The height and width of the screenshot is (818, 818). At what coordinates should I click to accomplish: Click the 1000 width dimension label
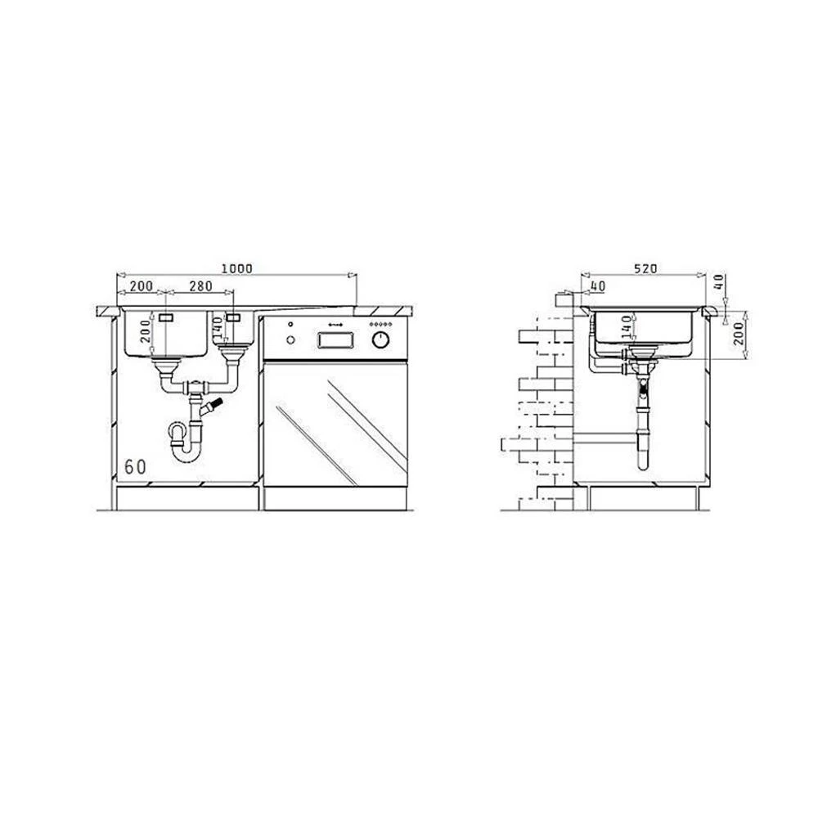point(237,268)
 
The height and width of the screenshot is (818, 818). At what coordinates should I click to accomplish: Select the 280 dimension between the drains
point(201,286)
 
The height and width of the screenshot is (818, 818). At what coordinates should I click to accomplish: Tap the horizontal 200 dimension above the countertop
point(142,286)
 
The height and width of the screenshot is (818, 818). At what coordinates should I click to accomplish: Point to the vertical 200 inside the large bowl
point(146,331)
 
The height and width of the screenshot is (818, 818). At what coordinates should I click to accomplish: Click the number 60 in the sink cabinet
point(135,467)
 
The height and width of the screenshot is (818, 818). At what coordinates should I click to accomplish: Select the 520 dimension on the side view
point(645,268)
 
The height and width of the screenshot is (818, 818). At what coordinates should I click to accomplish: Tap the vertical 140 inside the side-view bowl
point(626,327)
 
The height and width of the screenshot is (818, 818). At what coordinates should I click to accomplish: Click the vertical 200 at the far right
point(738,333)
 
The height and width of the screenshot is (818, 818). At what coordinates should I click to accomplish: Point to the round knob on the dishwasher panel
point(381,340)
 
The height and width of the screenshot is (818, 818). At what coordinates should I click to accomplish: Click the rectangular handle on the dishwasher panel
point(335,340)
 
